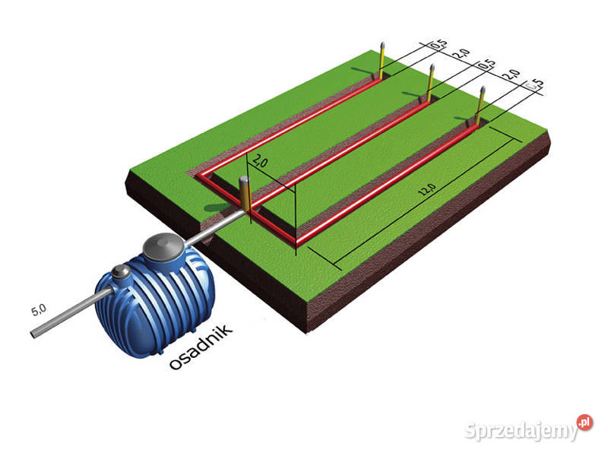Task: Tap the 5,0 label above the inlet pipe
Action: coord(39,309)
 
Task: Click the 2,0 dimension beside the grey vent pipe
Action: coord(260,161)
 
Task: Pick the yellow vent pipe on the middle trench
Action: coord(430,84)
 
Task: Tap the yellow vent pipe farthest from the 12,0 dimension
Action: coord(381,61)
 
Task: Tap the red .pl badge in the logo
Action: coord(584,422)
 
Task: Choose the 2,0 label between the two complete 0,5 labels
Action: coord(461,55)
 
